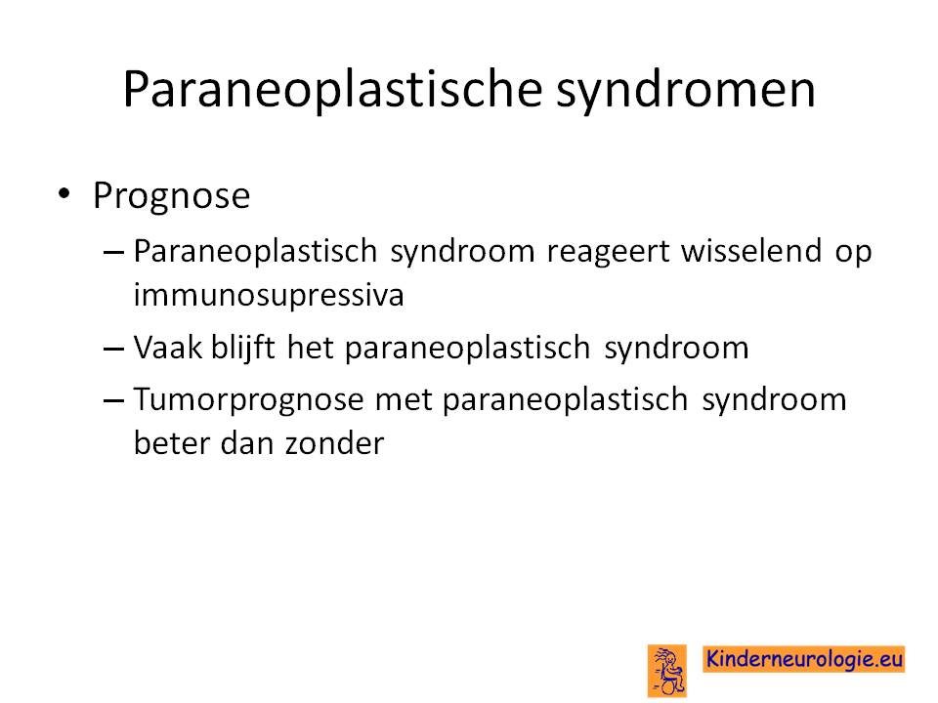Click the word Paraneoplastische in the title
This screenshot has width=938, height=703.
(332, 91)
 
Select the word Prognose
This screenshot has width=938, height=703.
(171, 196)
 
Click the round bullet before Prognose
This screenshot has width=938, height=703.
(64, 193)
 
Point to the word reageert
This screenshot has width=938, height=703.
(609, 251)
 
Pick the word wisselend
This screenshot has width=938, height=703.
(751, 250)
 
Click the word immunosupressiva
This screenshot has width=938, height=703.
(269, 295)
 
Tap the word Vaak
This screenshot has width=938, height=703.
(168, 348)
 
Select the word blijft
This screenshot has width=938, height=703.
(243, 348)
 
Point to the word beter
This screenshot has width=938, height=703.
(171, 443)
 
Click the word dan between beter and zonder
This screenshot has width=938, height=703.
(246, 443)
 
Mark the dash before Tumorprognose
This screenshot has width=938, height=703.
(113, 399)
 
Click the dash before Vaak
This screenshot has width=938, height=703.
(113, 348)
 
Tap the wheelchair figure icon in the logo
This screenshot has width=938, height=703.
(667, 671)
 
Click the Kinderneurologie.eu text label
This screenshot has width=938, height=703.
(804, 659)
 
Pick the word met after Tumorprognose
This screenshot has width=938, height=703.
(404, 400)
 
